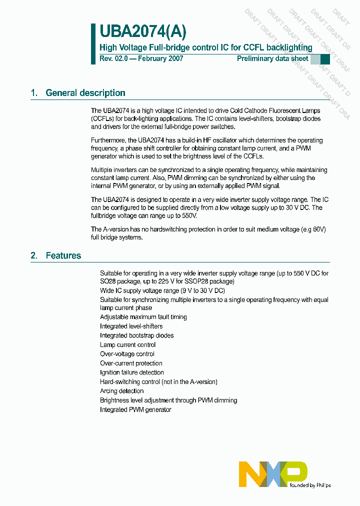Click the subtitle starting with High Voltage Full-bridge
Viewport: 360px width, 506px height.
[x=206, y=47]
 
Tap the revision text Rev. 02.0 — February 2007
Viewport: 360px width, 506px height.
[x=141, y=58]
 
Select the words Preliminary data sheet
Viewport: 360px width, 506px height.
[x=272, y=58]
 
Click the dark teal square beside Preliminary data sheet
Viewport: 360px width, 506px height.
[x=325, y=59]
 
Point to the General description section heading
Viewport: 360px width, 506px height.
[x=85, y=93]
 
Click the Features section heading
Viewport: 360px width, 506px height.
[x=63, y=255]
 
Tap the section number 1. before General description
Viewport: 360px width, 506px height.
[x=34, y=93]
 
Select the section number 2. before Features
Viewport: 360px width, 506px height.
[x=34, y=255]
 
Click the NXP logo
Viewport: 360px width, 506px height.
[x=273, y=473]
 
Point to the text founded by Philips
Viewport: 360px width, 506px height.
[x=309, y=485]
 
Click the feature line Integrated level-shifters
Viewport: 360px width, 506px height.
[x=131, y=326]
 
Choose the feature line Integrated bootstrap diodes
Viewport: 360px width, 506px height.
[x=136, y=335]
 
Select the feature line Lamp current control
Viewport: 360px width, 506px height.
[x=127, y=344]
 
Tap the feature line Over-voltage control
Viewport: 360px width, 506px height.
[x=127, y=354]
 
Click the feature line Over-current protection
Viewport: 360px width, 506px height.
[x=131, y=363]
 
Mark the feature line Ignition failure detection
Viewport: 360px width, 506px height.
[x=131, y=372]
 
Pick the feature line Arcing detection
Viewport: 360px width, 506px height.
[x=121, y=391]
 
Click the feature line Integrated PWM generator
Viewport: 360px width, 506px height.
[x=135, y=409]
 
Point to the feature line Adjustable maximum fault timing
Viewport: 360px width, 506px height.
[x=143, y=317]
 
